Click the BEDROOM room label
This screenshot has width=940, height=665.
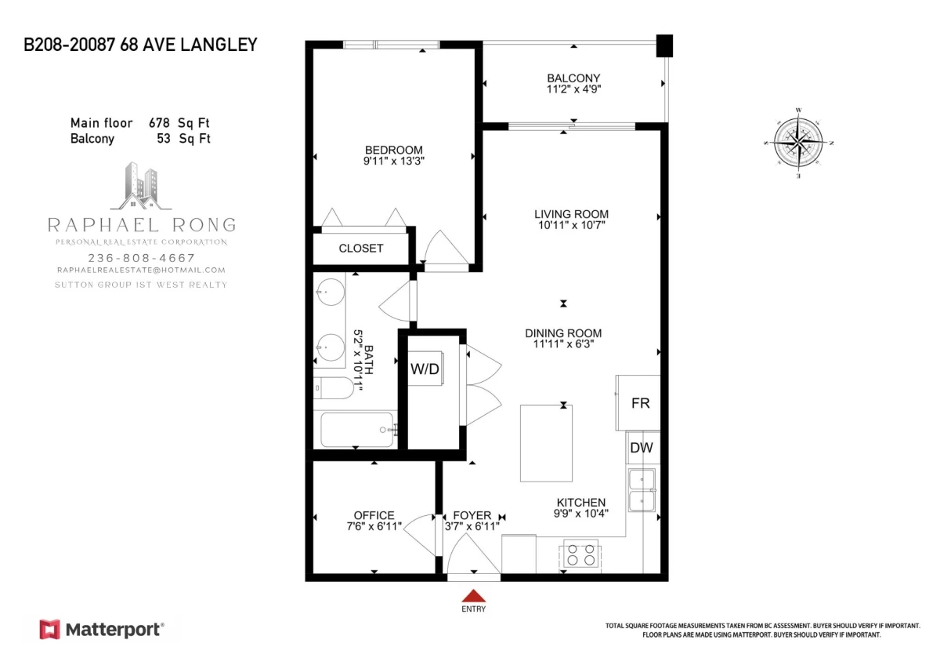pyautogui.click(x=393, y=150)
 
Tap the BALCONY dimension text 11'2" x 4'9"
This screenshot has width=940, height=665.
pyautogui.click(x=573, y=89)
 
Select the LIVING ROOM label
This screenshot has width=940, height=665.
pyautogui.click(x=571, y=214)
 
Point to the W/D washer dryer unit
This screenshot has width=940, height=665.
pyautogui.click(x=425, y=369)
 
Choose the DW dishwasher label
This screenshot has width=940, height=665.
pyautogui.click(x=642, y=448)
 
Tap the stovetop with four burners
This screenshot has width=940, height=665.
pyautogui.click(x=580, y=554)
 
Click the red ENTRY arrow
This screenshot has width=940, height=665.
pyautogui.click(x=474, y=596)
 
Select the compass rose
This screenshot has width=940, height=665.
pyautogui.click(x=798, y=143)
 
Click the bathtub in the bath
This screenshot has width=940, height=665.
pyautogui.click(x=357, y=430)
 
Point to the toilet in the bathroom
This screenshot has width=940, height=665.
pyautogui.click(x=334, y=387)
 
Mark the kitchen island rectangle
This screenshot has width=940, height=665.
pyautogui.click(x=546, y=443)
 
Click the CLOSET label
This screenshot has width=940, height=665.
pyautogui.click(x=361, y=249)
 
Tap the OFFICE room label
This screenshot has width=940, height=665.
pyautogui.click(x=374, y=515)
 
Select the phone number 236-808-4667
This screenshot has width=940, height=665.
pyautogui.click(x=142, y=258)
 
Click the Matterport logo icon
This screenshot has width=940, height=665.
pyautogui.click(x=49, y=630)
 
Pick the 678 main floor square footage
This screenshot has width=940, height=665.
pyautogui.click(x=159, y=123)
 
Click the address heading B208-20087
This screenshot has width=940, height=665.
pyautogui.click(x=69, y=45)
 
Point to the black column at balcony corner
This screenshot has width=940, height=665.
pyautogui.click(x=664, y=45)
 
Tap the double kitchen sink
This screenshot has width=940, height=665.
pyautogui.click(x=642, y=490)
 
